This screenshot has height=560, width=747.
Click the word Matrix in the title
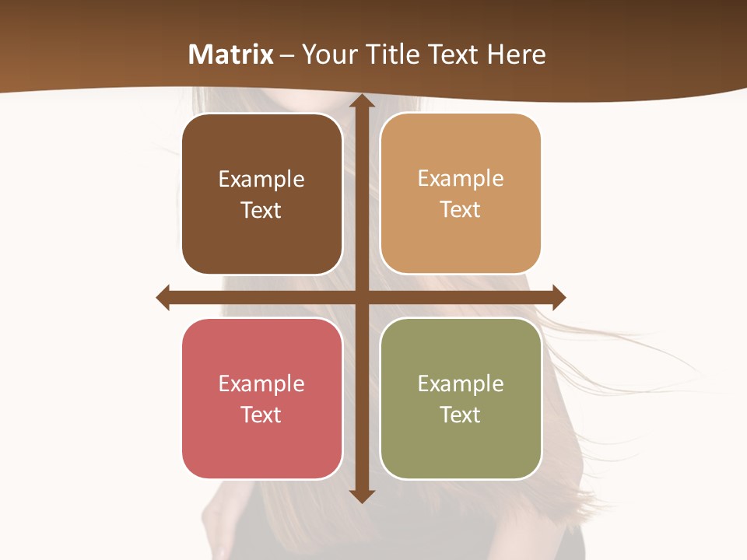coord(231,54)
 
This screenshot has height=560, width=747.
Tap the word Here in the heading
coord(516,54)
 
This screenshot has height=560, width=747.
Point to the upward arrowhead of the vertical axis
coord(361,101)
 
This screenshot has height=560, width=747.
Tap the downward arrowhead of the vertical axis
coord(361,496)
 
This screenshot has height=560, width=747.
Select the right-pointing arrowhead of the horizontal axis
coord(559,297)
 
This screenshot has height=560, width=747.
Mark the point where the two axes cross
coord(361,297)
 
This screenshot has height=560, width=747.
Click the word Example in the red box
coord(261,383)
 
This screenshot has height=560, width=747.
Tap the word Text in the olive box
coord(461,415)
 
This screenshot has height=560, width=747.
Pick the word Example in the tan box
coord(461,178)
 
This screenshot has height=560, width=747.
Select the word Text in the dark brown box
coord(261,210)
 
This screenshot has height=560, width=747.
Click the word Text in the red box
coord(261,415)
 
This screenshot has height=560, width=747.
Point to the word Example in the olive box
coord(461,383)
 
